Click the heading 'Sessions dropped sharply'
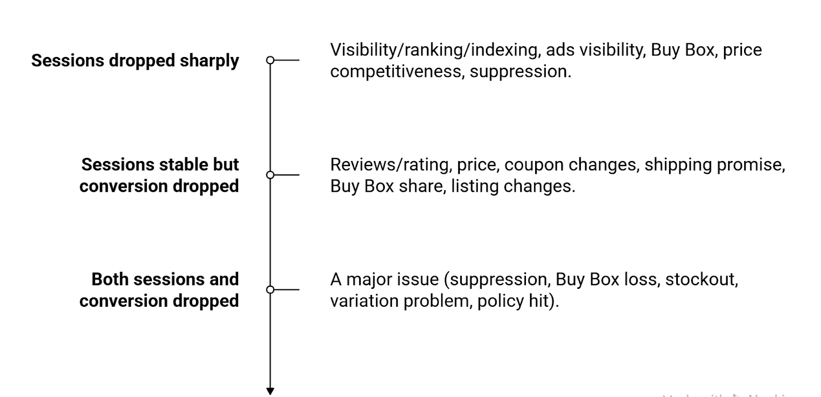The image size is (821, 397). (135, 61)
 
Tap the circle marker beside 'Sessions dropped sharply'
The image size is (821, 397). (270, 60)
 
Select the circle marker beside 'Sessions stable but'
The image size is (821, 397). (270, 175)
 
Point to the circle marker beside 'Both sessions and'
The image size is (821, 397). (270, 290)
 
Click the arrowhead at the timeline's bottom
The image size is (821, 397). (270, 391)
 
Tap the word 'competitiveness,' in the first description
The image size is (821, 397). (397, 71)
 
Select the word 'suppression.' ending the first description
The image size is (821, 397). (520, 71)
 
